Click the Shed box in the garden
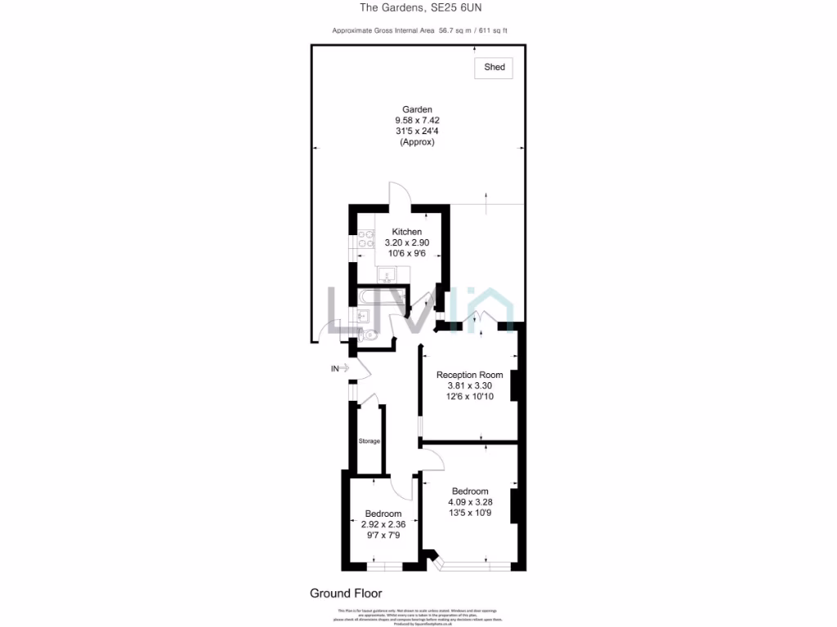click(x=494, y=68)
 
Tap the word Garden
click(x=416, y=109)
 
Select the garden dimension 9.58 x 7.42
click(x=416, y=120)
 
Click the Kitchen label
click(x=406, y=232)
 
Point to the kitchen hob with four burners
click(x=365, y=239)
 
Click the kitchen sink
click(x=390, y=273)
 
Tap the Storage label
click(x=369, y=442)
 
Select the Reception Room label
click(x=469, y=375)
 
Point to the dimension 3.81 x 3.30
click(x=469, y=385)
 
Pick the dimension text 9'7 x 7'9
click(x=383, y=536)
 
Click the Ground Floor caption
click(x=346, y=594)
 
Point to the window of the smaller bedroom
click(x=384, y=566)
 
